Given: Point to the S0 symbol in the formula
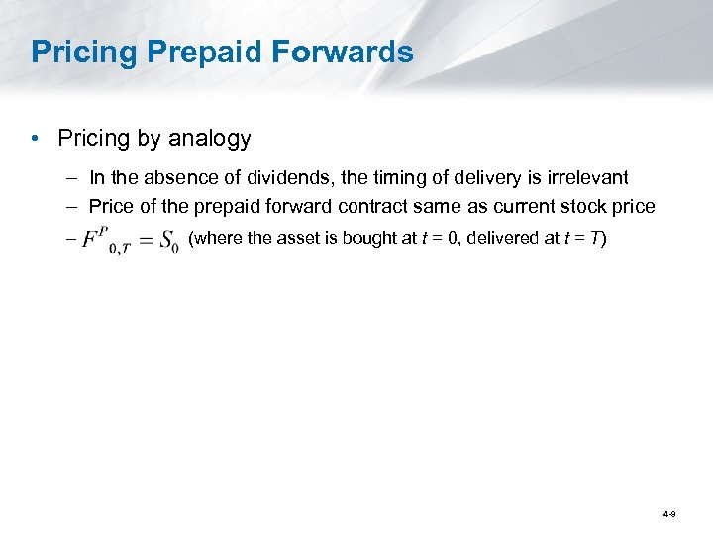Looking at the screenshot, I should (x=168, y=241).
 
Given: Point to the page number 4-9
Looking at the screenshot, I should (x=669, y=514).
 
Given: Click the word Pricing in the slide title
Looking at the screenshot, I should (x=81, y=53).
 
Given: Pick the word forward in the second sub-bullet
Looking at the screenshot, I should (x=302, y=206).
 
